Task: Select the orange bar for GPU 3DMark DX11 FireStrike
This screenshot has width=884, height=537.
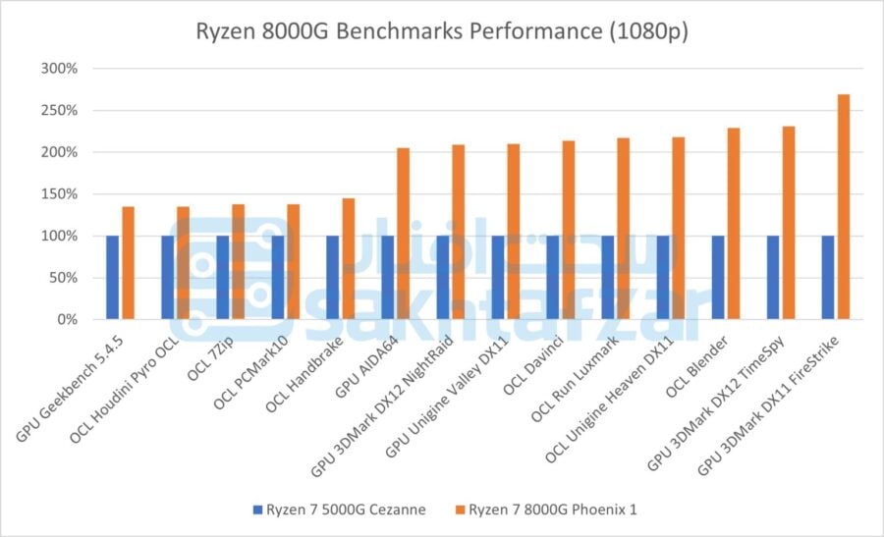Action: (x=843, y=206)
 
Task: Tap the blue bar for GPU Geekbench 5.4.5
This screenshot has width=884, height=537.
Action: (x=112, y=277)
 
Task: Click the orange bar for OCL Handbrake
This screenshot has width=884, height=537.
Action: (x=348, y=258)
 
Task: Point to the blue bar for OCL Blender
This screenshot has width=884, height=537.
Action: (x=717, y=277)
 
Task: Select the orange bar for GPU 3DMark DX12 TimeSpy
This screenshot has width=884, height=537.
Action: (x=788, y=223)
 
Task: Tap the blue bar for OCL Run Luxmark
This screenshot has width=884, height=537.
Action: (x=607, y=277)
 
